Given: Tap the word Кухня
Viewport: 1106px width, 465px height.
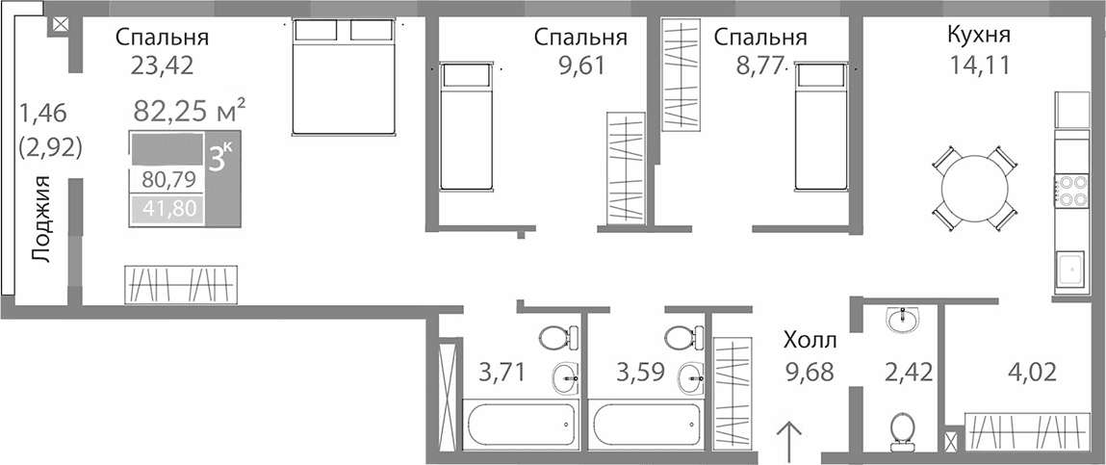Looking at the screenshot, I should (978, 38).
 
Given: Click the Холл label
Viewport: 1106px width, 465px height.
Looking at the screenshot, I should (809, 340).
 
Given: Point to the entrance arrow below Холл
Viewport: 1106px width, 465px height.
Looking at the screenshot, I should (788, 440).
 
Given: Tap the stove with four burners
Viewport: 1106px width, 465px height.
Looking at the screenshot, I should (1070, 189).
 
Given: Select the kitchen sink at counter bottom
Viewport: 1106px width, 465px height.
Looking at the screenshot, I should (1070, 269).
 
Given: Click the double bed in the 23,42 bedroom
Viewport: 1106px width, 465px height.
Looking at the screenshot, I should (344, 78).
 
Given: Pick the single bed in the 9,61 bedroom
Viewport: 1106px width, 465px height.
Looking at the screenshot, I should (466, 127).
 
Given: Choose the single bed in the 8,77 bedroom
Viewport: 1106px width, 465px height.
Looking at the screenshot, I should (821, 127).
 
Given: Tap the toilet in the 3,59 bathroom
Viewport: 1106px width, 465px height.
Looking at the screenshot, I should (684, 338).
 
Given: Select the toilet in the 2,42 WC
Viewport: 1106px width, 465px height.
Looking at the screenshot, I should (902, 429).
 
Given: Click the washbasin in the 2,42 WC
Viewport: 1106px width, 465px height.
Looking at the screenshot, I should (902, 320).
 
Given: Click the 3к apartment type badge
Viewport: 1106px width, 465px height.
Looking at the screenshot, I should (219, 157).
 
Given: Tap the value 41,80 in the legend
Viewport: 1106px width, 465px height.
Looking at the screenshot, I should (167, 208).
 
